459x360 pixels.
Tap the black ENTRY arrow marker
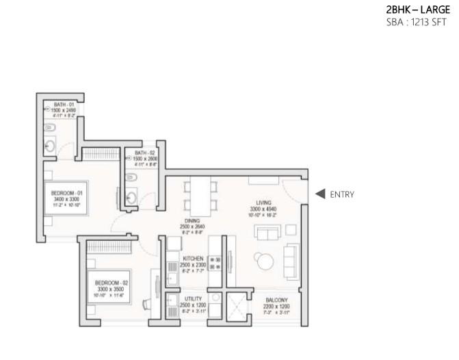point(319,194)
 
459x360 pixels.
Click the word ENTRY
point(342,194)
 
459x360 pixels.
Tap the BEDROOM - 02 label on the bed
point(109,283)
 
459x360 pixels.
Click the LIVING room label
point(264,203)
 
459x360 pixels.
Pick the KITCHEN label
point(192,259)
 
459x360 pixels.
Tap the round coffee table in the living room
point(262,260)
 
